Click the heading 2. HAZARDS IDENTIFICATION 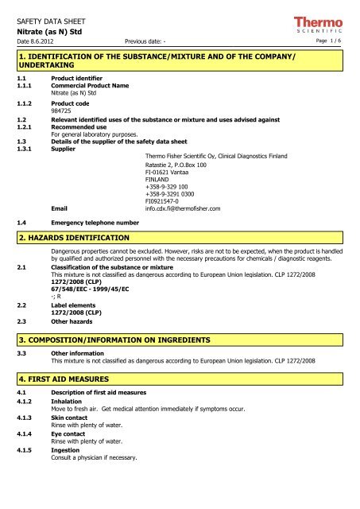(x=70, y=237)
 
